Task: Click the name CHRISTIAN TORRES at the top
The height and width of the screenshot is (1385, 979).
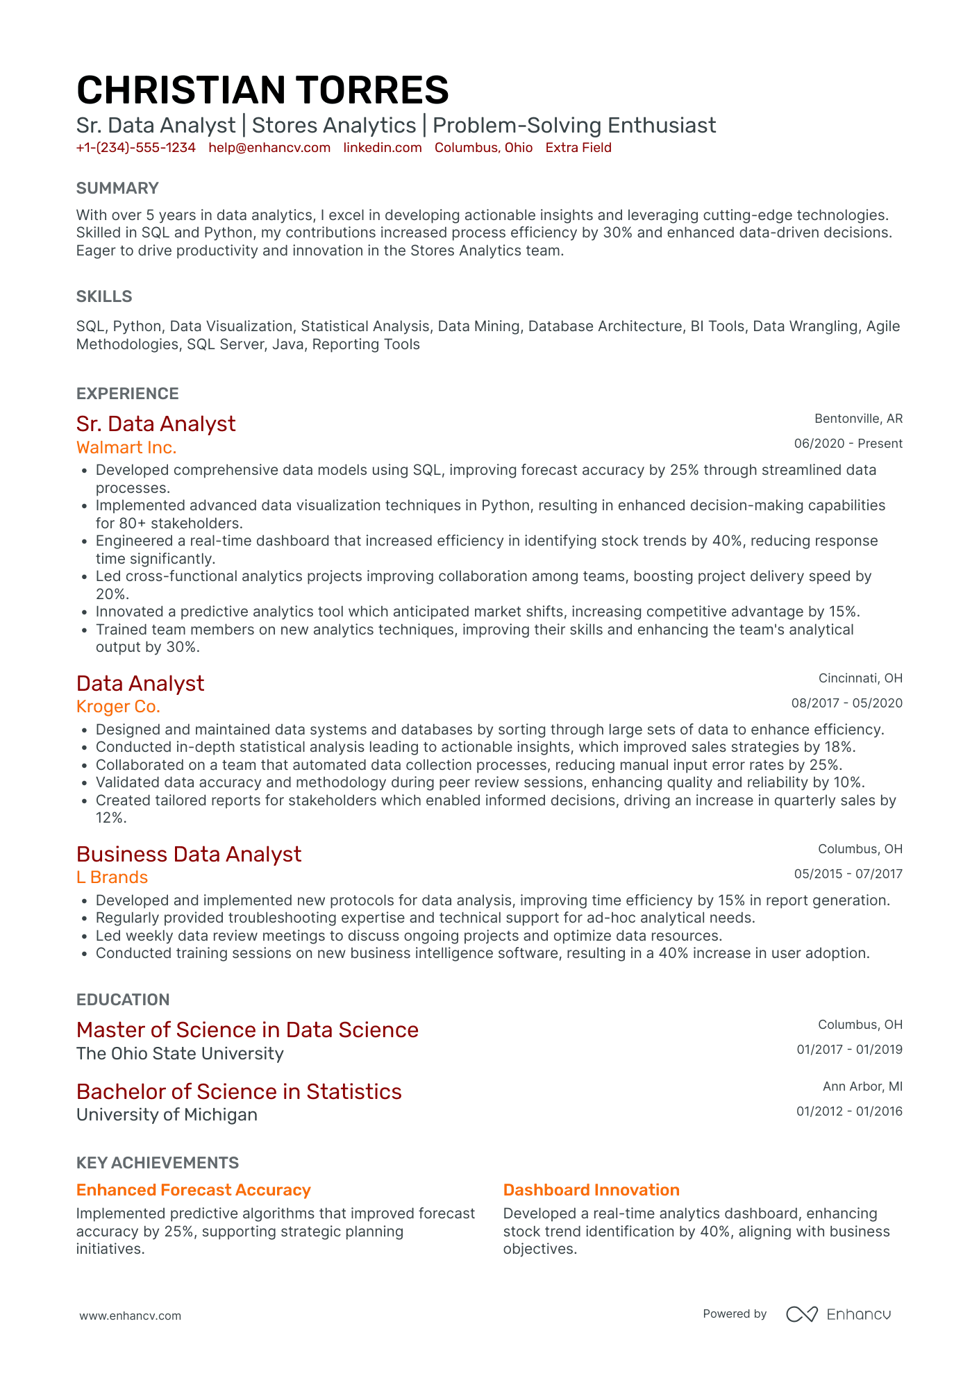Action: tap(262, 91)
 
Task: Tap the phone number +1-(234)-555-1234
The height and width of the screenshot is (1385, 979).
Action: tap(135, 148)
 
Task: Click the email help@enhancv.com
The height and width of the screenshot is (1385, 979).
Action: tap(269, 148)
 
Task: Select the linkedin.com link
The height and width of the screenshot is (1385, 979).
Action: tap(383, 148)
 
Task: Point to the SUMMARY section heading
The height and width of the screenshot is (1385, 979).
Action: tap(117, 188)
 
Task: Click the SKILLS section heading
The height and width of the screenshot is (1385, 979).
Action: tap(104, 296)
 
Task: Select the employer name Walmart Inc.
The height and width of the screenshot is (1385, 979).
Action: tap(126, 448)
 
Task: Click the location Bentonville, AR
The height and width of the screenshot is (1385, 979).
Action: tap(858, 419)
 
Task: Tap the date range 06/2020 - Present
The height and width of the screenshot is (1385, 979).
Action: tap(848, 444)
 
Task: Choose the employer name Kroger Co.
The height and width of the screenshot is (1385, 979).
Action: tap(118, 707)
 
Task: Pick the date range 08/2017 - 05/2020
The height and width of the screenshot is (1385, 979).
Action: tap(846, 703)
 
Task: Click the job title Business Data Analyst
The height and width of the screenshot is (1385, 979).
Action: tap(189, 854)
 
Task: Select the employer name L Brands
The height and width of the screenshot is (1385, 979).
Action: tap(112, 878)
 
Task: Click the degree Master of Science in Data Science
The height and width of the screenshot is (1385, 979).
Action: tap(247, 1030)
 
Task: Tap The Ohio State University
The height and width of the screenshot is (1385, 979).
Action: tap(180, 1054)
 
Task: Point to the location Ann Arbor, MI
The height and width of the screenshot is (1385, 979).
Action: tap(862, 1086)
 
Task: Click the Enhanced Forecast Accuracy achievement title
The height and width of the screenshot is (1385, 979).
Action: tap(193, 1190)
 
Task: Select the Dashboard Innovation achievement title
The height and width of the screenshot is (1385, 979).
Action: tap(591, 1190)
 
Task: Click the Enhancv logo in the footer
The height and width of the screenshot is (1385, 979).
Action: tap(838, 1314)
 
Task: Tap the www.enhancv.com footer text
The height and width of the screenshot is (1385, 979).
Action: tap(130, 1316)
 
